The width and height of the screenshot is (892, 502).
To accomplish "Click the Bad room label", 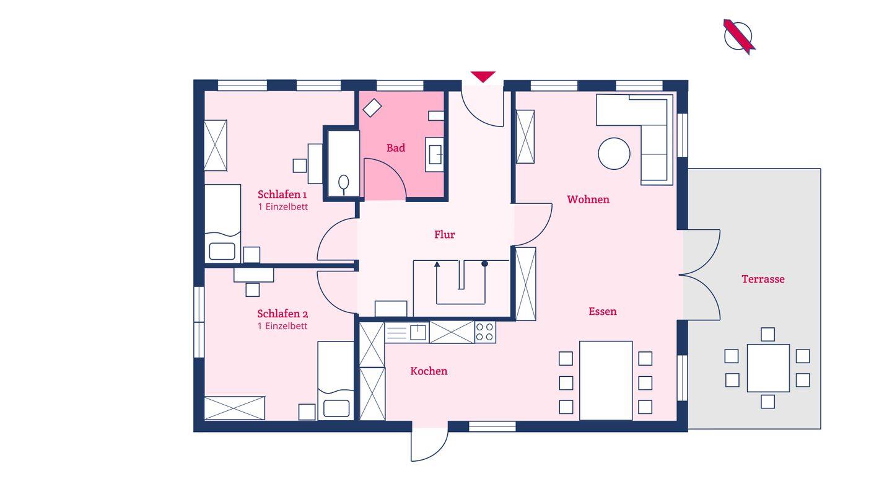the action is click(x=395, y=148).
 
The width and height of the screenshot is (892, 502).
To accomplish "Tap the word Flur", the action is click(x=444, y=234).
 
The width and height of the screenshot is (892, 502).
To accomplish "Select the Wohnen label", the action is click(x=588, y=199).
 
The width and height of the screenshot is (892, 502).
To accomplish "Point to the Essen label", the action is click(x=602, y=311).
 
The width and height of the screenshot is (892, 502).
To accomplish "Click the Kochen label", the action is click(x=429, y=371).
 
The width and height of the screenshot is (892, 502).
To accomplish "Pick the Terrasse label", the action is click(x=763, y=279).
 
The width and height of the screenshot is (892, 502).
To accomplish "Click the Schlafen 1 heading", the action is click(x=282, y=195).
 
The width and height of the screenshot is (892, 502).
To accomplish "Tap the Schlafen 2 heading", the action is click(x=282, y=314).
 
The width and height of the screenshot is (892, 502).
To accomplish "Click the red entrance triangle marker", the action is click(x=483, y=76).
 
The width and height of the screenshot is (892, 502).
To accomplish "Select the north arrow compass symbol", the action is click(x=738, y=36).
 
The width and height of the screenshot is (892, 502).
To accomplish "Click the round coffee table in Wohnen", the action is click(x=614, y=154).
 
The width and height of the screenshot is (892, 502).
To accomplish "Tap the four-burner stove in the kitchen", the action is click(x=484, y=332).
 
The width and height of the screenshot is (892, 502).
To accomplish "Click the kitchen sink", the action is click(x=417, y=332).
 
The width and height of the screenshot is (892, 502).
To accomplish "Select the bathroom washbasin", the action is click(x=434, y=154).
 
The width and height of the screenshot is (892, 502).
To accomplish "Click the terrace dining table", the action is click(x=767, y=368).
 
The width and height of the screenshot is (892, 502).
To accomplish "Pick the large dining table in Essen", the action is click(x=605, y=381).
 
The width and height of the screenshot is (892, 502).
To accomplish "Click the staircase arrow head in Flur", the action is click(x=437, y=264).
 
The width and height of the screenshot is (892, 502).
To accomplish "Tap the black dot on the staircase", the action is click(x=484, y=263).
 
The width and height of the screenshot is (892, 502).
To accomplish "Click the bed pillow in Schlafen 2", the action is click(x=336, y=408).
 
